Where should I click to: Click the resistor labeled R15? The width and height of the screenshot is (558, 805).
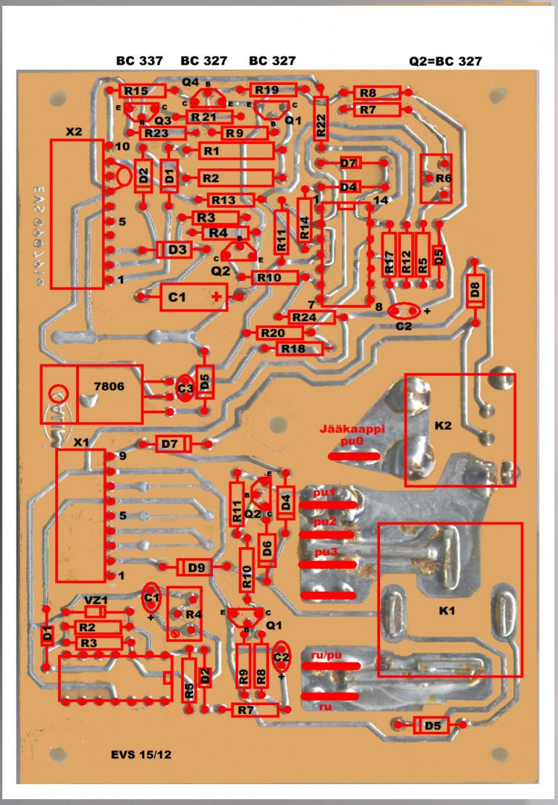pyautogui.click(x=136, y=91)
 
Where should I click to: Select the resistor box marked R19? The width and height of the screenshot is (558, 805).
pyautogui.click(x=267, y=90)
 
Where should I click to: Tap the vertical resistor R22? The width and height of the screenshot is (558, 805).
pyautogui.click(x=321, y=118)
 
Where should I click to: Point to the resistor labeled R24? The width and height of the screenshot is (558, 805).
pyautogui.click(x=304, y=317)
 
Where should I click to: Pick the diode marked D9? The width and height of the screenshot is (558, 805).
pyautogui.click(x=196, y=568)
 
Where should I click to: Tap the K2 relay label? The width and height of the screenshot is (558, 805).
pyautogui.click(x=443, y=426)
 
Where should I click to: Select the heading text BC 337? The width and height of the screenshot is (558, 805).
pyautogui.click(x=139, y=60)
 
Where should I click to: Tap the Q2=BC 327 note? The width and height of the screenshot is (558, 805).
pyautogui.click(x=441, y=61)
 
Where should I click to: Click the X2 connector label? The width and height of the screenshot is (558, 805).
pyautogui.click(x=74, y=131)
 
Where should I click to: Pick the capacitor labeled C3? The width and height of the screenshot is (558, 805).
pyautogui.click(x=185, y=388)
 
